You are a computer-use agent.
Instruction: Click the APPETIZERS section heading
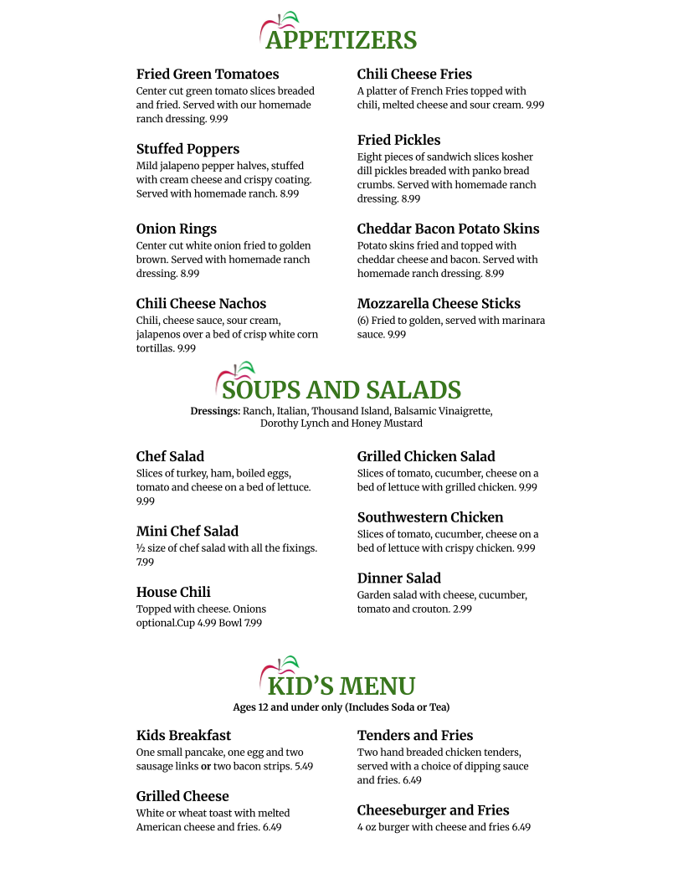pos(341,40)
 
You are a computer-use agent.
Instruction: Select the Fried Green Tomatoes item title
pos(208,75)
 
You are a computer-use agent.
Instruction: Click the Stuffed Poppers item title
pos(187,149)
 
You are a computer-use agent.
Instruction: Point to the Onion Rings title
pos(177,229)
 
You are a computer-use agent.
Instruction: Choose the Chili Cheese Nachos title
pos(201,303)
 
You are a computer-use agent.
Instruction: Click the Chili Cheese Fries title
pos(414,75)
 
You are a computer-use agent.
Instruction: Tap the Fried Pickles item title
pos(398,140)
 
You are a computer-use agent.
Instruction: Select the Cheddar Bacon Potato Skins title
pos(448,229)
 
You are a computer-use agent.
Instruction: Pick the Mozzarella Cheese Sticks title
pos(439,303)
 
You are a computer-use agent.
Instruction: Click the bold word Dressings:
pos(215,411)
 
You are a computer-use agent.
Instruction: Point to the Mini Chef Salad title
pos(187,531)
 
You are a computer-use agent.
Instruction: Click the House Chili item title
pos(173,592)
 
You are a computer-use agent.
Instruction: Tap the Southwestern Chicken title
pos(430,517)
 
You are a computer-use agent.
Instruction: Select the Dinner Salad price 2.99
pos(462,609)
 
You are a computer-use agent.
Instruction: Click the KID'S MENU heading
pos(341,686)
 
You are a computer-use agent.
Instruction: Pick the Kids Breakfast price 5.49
pos(304,766)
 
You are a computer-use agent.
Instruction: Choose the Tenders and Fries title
pos(415,735)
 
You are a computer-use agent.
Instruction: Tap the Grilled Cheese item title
pos(182,796)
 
